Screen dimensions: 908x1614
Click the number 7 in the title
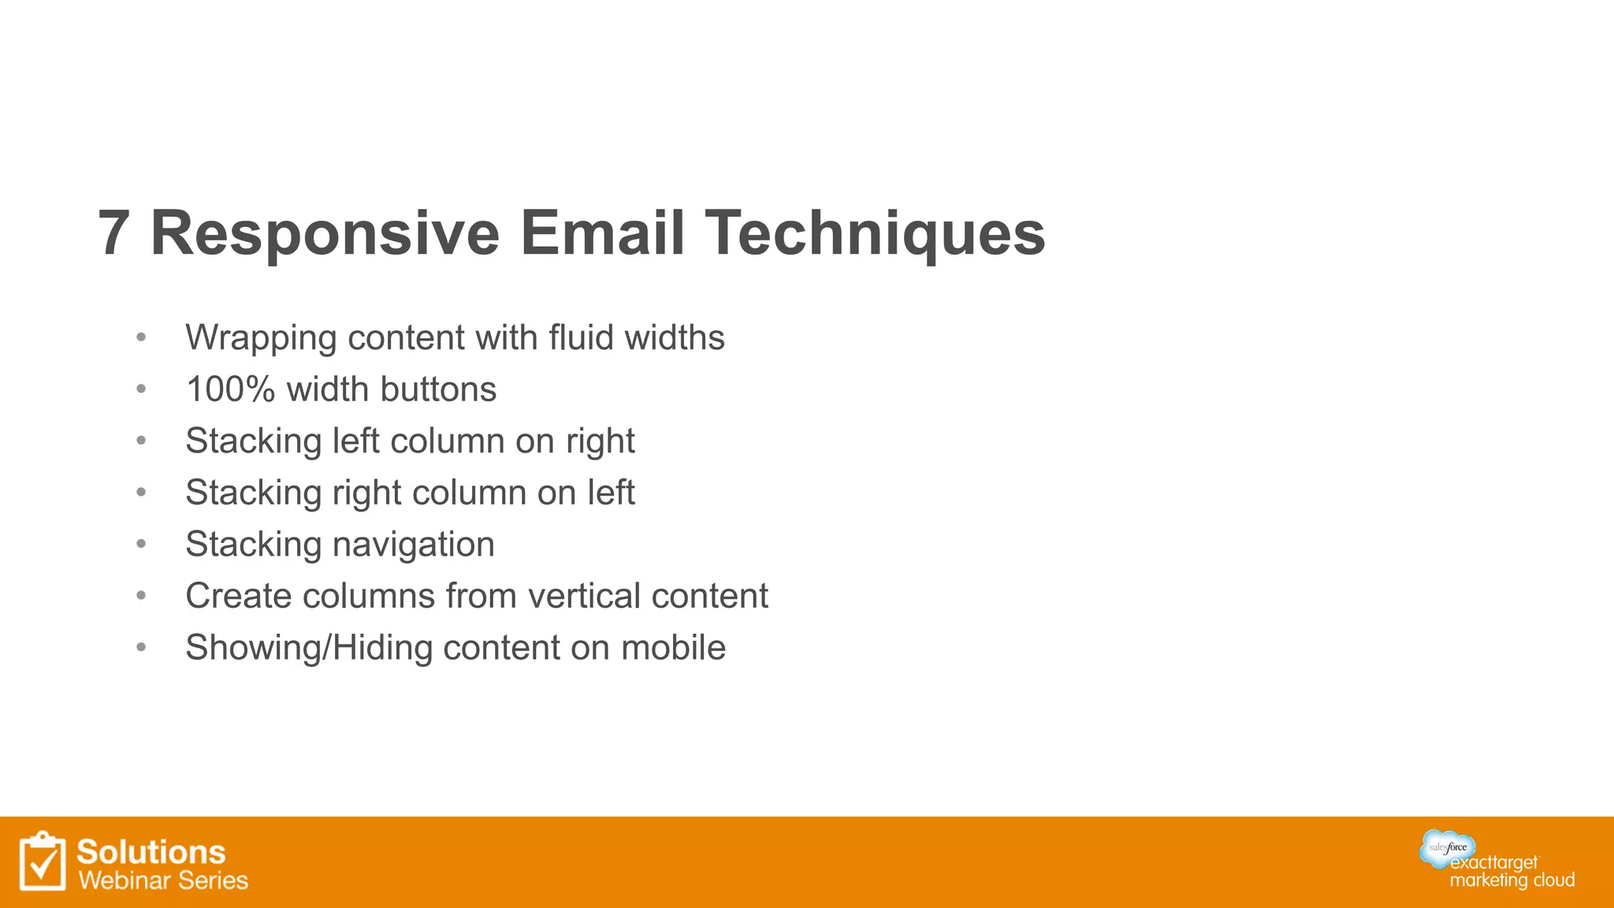pyautogui.click(x=114, y=234)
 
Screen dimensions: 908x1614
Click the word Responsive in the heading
pyautogui.click(x=325, y=234)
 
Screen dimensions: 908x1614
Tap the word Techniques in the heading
pyautogui.click(x=875, y=234)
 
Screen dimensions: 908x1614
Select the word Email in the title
pyautogui.click(x=602, y=234)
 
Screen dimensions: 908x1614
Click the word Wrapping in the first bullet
pyautogui.click(x=261, y=338)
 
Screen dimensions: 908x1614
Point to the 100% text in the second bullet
pyautogui.click(x=230, y=389)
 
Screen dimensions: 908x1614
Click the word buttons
pyautogui.click(x=438, y=389)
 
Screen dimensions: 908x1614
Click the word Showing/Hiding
pyautogui.click(x=309, y=648)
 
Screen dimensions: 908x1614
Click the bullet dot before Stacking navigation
pyautogui.click(x=141, y=544)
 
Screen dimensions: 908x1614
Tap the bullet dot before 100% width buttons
pyautogui.click(x=141, y=389)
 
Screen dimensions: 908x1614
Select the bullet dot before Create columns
pyautogui.click(x=141, y=595)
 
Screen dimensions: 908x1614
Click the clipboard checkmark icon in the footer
pyautogui.click(x=43, y=861)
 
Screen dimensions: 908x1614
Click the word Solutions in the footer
pyautogui.click(x=151, y=852)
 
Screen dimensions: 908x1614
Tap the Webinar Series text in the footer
pyautogui.click(x=163, y=880)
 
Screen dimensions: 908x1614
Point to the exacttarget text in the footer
pyautogui.click(x=1494, y=863)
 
